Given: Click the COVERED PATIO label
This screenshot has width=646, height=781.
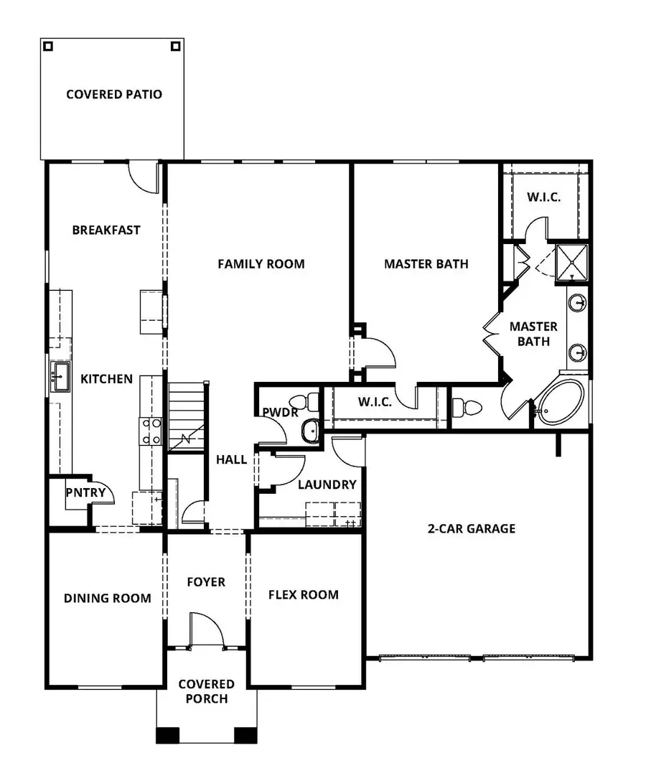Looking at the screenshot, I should pyautogui.click(x=114, y=94).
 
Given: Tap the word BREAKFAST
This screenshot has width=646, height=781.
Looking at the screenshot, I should pyautogui.click(x=106, y=230).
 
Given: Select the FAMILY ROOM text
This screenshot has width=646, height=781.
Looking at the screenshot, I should pyautogui.click(x=261, y=264).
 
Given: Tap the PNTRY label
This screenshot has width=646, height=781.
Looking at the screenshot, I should pyautogui.click(x=85, y=492).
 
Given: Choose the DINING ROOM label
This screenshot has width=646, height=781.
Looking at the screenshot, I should pyautogui.click(x=107, y=598).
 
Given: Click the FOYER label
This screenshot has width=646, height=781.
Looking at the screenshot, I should pyautogui.click(x=206, y=582).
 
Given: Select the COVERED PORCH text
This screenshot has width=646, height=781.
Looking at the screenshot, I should pyautogui.click(x=206, y=691).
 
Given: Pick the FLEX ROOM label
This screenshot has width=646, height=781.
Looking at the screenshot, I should pyautogui.click(x=303, y=594).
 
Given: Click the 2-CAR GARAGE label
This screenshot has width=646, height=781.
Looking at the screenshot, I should pyautogui.click(x=472, y=529).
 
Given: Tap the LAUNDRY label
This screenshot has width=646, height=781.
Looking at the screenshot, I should pyautogui.click(x=327, y=485).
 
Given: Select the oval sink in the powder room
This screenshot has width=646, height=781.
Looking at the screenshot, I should pyautogui.click(x=310, y=431).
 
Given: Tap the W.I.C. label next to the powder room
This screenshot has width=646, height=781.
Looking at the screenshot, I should pyautogui.click(x=373, y=403).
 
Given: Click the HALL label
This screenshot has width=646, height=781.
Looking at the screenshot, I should pyautogui.click(x=232, y=459).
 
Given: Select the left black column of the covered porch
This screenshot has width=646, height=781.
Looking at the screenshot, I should pyautogui.click(x=168, y=736).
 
